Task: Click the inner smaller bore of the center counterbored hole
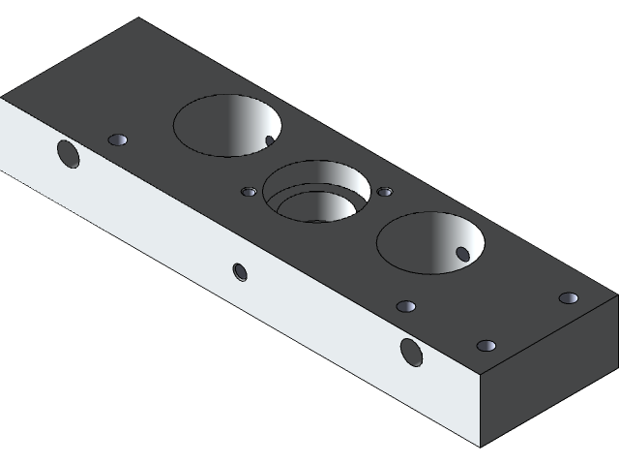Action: pyautogui.click(x=311, y=206)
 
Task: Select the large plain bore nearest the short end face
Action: pyautogui.click(x=430, y=242)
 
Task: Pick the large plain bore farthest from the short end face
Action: pyautogui.click(x=227, y=125)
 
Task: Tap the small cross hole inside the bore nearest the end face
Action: pyautogui.click(x=462, y=255)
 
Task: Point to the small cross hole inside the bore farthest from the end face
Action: pyautogui.click(x=270, y=141)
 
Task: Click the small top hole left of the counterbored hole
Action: pyautogui.click(x=249, y=192)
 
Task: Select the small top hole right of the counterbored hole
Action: pyautogui.click(x=385, y=192)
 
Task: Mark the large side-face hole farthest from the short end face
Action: pyautogui.click(x=67, y=153)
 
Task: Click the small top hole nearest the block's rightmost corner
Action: pyautogui.click(x=569, y=297)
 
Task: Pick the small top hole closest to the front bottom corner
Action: pyautogui.click(x=486, y=346)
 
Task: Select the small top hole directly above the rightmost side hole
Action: pyautogui.click(x=406, y=307)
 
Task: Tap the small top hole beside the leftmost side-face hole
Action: pyautogui.click(x=119, y=140)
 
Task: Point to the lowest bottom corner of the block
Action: pyautogui.click(x=481, y=447)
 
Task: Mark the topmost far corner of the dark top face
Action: pyautogui.click(x=139, y=18)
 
